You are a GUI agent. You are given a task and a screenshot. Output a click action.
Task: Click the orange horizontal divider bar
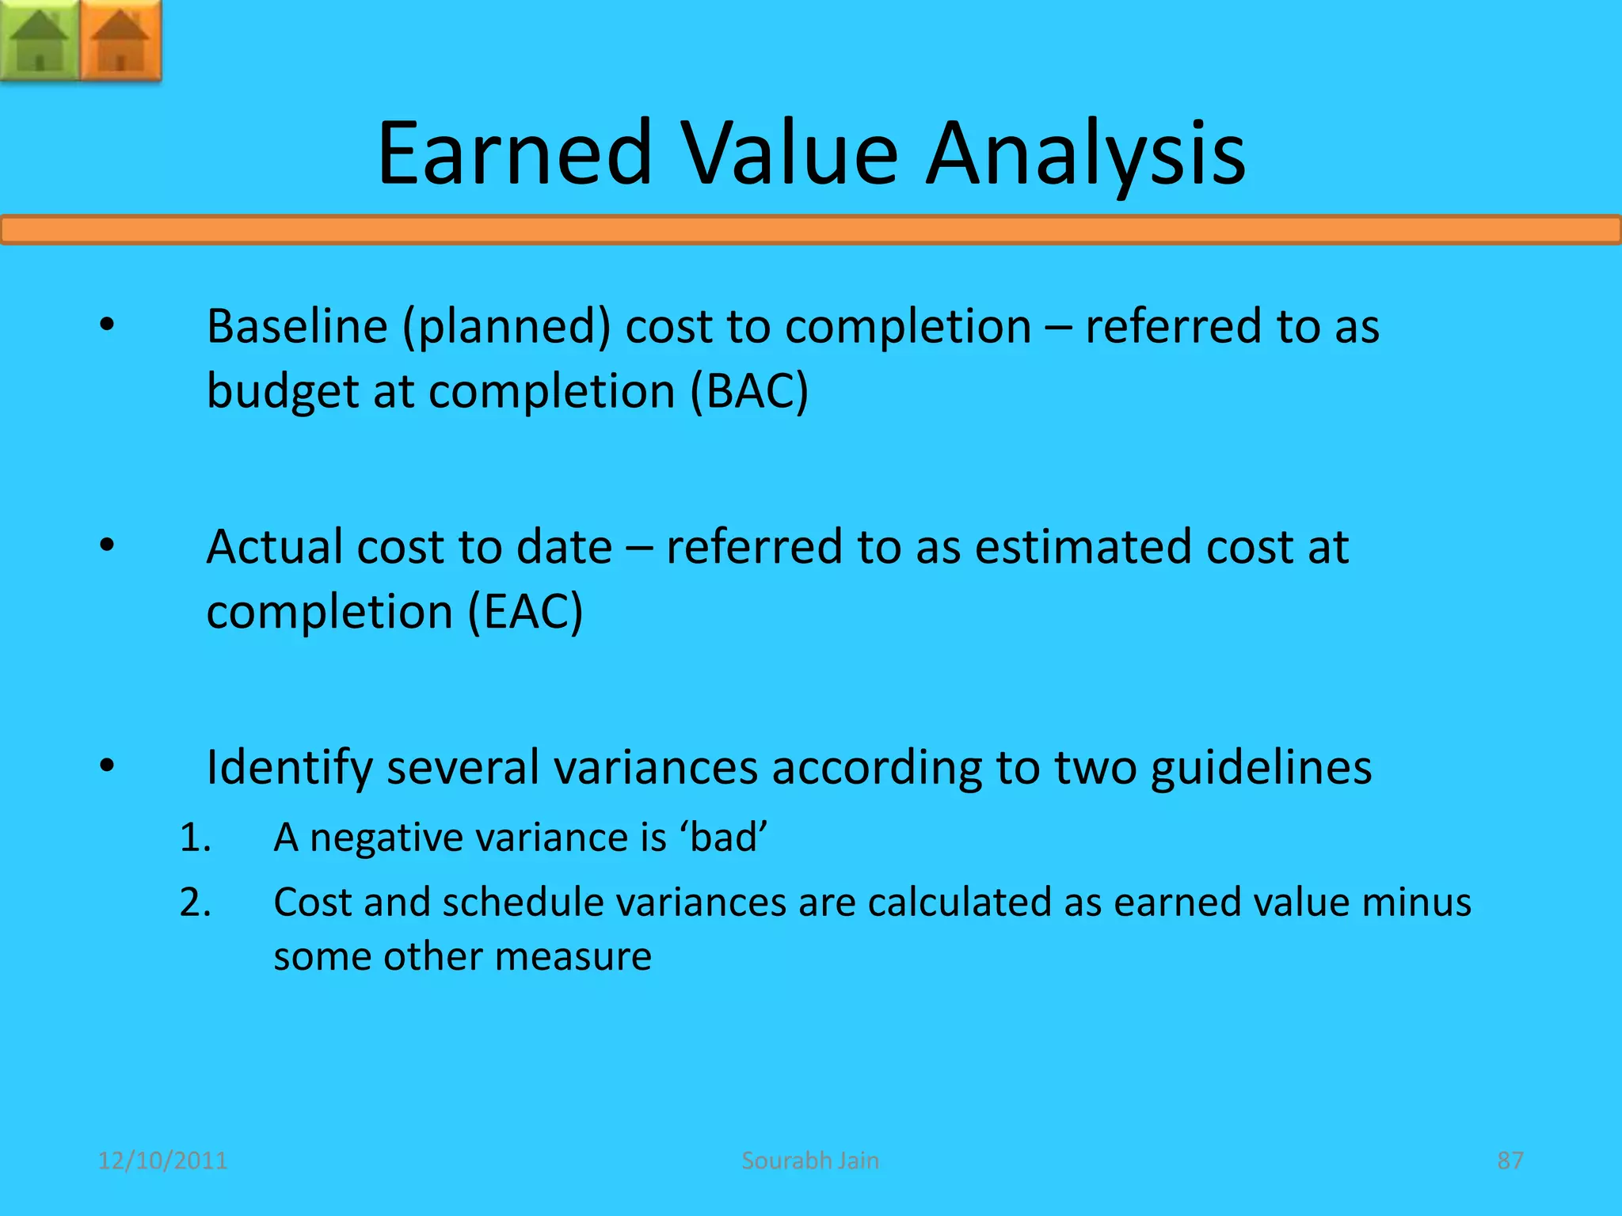point(811,230)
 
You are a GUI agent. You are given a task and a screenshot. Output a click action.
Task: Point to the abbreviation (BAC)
point(748,391)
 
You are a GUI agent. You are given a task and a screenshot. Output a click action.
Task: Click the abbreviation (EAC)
point(525,612)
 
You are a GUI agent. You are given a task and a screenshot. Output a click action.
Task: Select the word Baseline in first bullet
point(297,326)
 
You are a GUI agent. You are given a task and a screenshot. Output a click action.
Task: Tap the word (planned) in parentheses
point(507,328)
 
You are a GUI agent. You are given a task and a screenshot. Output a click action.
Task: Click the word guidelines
point(1261,768)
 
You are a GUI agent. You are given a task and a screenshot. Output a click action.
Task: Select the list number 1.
point(195,838)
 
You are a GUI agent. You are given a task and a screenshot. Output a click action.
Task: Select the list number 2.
point(195,902)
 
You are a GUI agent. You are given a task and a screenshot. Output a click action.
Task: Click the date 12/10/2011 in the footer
point(162,1161)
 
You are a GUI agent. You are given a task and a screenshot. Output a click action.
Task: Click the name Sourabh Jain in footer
point(810,1161)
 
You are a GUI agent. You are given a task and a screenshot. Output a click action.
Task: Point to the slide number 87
point(1510,1161)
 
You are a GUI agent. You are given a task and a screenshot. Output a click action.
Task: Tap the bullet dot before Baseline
point(108,325)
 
